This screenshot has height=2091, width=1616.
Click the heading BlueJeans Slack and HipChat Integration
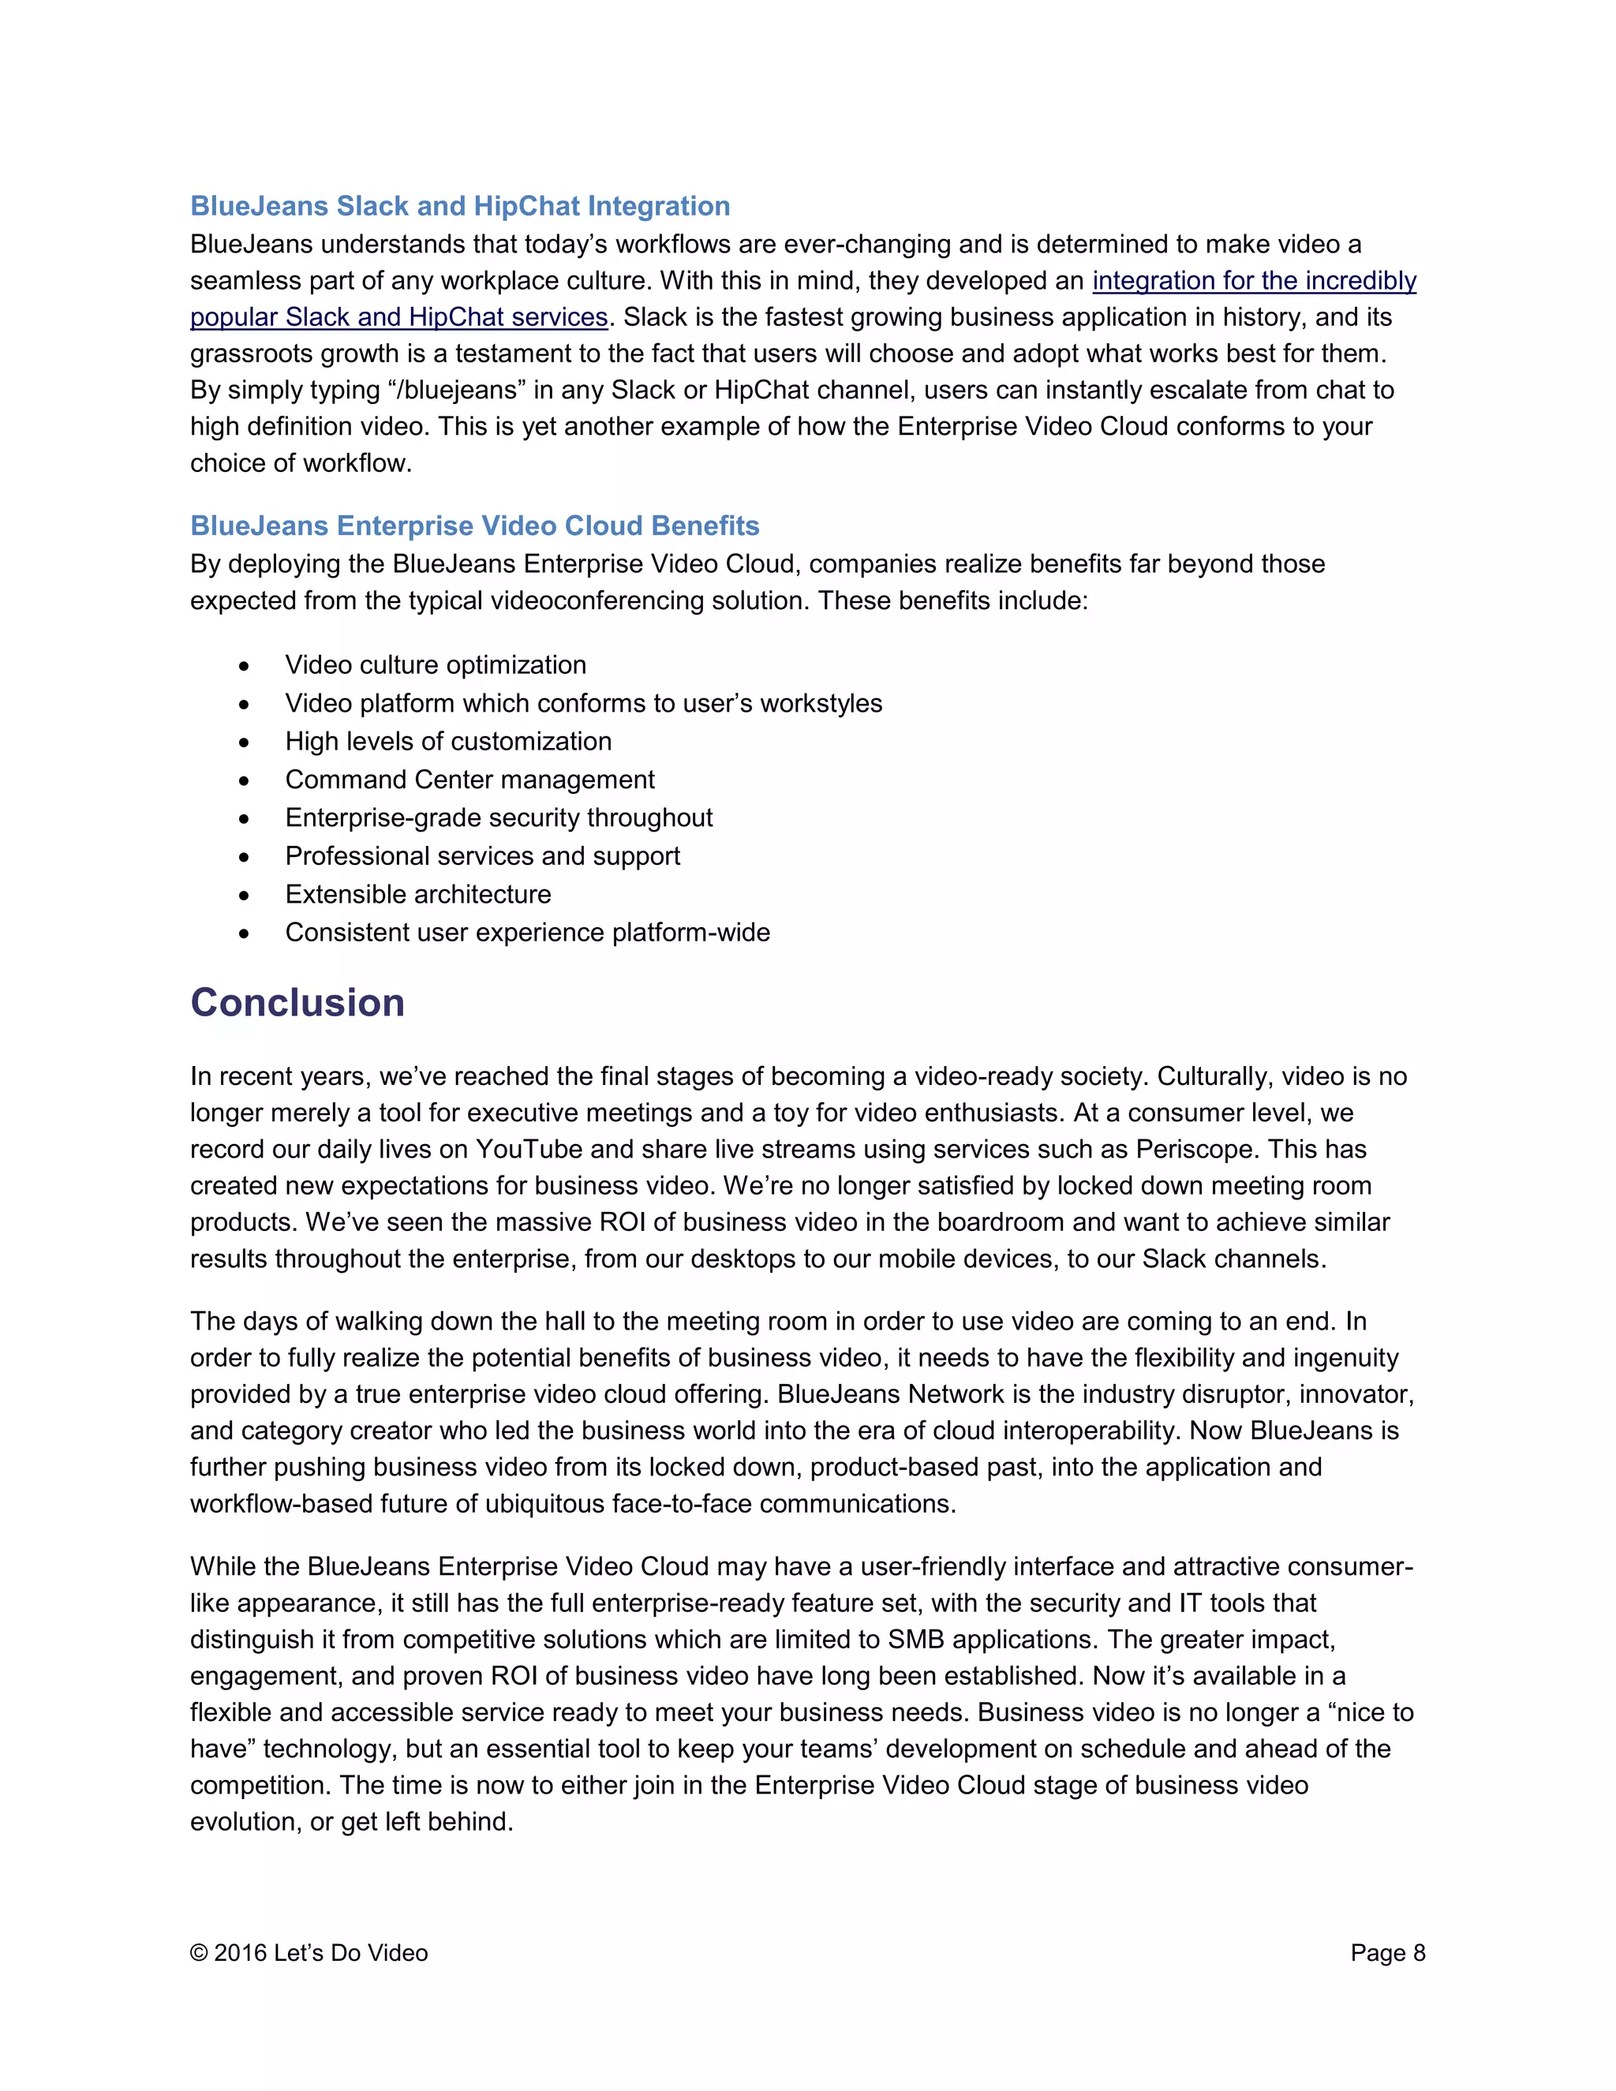[459, 206]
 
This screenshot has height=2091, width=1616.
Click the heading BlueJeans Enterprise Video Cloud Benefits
[474, 526]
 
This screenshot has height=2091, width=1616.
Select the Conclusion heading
[297, 1002]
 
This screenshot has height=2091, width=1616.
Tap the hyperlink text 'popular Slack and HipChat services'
[398, 317]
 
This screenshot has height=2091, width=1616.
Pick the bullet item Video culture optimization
[435, 664]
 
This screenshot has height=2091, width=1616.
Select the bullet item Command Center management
[469, 780]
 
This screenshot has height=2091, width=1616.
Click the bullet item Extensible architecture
[417, 894]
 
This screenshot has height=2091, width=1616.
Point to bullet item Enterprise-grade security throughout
[498, 817]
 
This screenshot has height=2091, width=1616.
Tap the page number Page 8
[1387, 1953]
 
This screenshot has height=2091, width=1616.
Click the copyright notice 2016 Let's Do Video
[309, 1953]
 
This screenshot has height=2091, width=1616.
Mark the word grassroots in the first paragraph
[251, 353]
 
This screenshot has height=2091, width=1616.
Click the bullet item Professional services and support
[481, 856]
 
